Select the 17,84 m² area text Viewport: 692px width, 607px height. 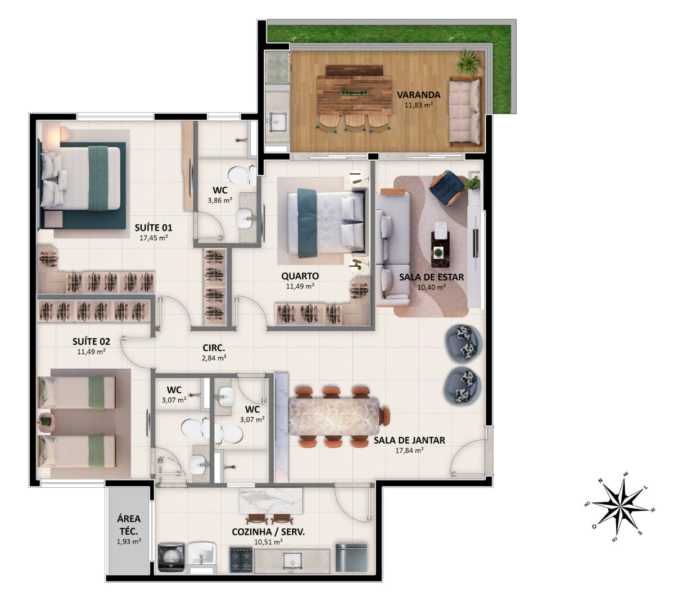pyautogui.click(x=409, y=450)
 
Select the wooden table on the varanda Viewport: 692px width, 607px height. pyautogui.click(x=355, y=93)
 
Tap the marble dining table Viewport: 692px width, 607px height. pyautogui.click(x=336, y=415)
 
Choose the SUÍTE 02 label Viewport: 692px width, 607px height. pyautogui.click(x=91, y=341)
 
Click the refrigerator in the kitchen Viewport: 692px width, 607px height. pyautogui.click(x=351, y=556)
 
